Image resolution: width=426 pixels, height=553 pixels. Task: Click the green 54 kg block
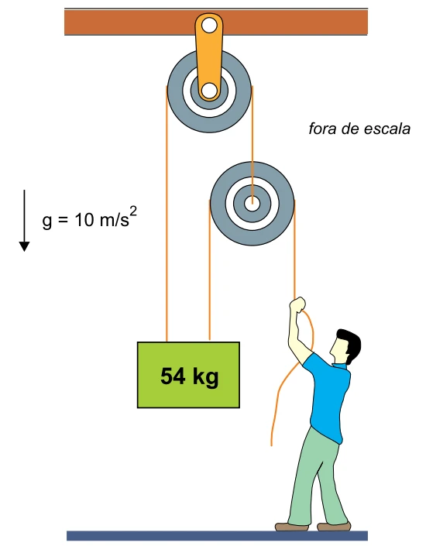click(188, 375)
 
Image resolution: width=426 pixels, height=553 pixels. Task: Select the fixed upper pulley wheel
click(209, 91)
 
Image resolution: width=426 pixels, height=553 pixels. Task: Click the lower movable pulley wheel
click(253, 204)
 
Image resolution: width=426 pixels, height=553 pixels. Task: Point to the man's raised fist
click(297, 304)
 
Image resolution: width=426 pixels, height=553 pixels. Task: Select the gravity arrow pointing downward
click(24, 221)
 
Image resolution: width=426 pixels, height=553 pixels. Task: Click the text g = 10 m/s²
click(89, 218)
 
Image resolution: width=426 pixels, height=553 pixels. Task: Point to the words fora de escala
click(359, 129)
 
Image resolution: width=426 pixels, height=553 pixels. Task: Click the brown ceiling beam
click(216, 22)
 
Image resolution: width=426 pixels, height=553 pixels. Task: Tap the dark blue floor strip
click(217, 536)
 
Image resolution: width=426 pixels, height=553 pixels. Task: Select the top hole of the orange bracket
click(209, 26)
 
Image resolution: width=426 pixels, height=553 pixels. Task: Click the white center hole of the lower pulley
click(253, 204)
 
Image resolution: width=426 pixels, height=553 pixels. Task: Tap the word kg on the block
click(205, 377)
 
